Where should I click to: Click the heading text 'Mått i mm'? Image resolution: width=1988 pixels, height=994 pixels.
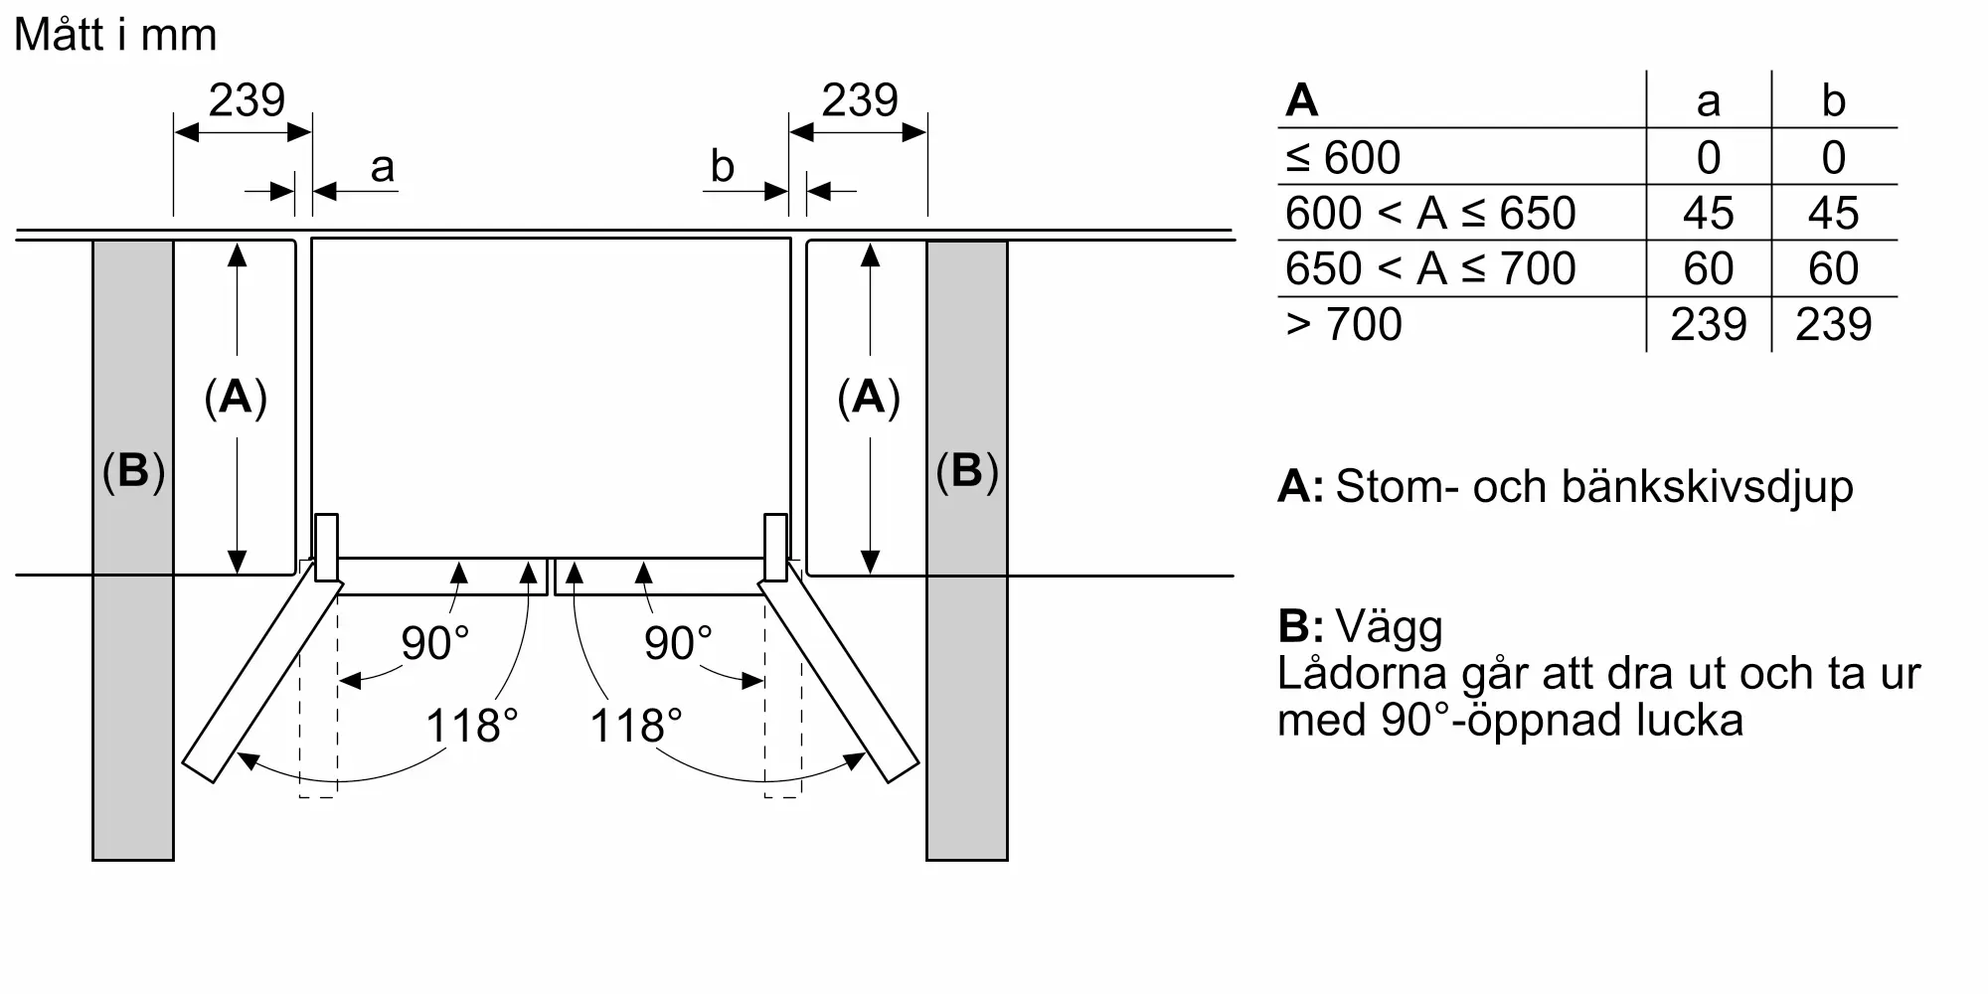(115, 36)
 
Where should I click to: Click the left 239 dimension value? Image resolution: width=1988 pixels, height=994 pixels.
(247, 100)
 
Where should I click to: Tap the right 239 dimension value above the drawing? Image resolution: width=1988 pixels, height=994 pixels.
(860, 100)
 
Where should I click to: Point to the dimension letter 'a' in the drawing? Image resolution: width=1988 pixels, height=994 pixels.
(382, 168)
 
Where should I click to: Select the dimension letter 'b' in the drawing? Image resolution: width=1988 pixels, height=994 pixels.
(723, 167)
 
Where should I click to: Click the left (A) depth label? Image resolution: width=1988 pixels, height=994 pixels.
(236, 398)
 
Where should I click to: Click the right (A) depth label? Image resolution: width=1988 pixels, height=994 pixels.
(869, 398)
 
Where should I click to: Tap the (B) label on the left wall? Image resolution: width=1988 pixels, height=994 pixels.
(133, 471)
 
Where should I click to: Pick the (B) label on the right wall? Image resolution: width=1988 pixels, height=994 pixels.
(966, 471)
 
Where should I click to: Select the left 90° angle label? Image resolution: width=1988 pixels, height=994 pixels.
(435, 644)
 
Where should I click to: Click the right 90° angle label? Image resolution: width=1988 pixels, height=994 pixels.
(679, 644)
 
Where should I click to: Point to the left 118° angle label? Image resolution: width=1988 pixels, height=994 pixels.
(472, 727)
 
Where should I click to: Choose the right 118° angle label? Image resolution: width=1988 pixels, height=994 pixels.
(636, 727)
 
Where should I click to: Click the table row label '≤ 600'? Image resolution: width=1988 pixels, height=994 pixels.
(1343, 158)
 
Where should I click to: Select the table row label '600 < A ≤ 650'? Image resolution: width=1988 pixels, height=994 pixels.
(1430, 214)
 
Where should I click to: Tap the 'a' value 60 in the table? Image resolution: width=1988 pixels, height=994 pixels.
(1708, 269)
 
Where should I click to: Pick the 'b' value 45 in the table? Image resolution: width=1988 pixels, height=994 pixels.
(1833, 214)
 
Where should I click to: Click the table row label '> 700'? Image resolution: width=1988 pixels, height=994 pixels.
(1343, 325)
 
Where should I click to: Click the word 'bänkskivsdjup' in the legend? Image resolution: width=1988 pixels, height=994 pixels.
(1707, 487)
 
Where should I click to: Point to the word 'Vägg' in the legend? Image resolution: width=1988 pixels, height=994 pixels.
(1390, 627)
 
